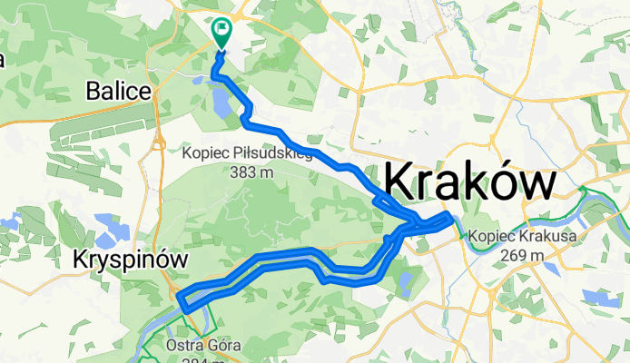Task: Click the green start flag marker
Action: pos(221,31)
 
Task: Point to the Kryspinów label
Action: pos(130,260)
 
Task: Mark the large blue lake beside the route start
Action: pos(221,107)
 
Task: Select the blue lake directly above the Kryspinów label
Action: pos(116,222)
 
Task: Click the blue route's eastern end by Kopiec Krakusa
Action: pos(449,217)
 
